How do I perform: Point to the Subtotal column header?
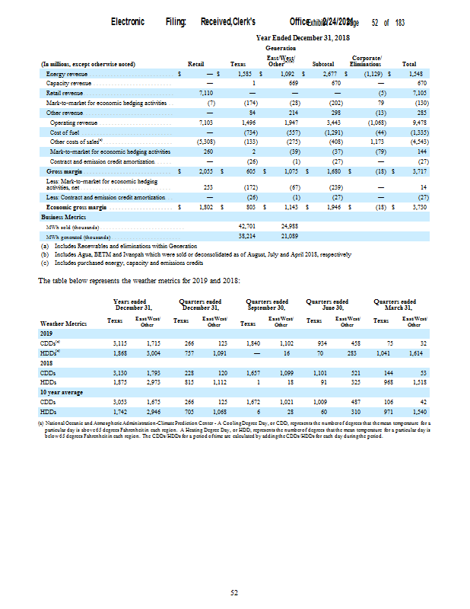[324, 64]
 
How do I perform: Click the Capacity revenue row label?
[69, 82]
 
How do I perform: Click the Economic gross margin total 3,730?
[416, 206]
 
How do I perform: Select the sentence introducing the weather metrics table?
[140, 281]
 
